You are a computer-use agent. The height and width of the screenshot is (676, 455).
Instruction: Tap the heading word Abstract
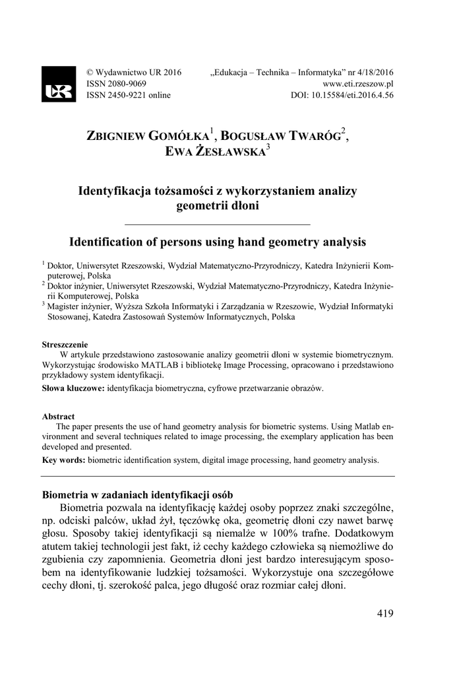tap(58, 417)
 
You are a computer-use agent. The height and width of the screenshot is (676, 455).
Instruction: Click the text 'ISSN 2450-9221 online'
tap(129, 96)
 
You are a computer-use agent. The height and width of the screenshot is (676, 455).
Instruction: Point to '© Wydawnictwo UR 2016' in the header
tap(134, 73)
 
